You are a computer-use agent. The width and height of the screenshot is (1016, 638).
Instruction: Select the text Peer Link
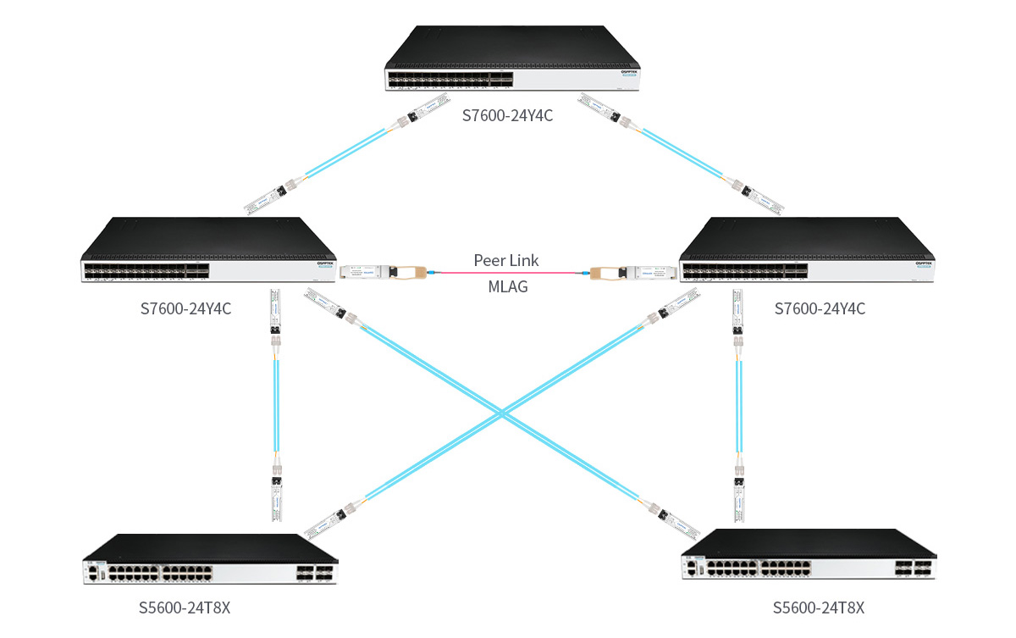tap(506, 260)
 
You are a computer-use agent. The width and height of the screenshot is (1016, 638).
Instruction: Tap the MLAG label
tap(507, 286)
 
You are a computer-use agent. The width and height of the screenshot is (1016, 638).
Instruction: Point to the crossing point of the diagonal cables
tap(503, 414)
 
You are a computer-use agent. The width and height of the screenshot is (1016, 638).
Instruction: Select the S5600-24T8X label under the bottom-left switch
tap(185, 607)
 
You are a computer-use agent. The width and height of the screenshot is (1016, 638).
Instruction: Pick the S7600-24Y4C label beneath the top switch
tap(507, 115)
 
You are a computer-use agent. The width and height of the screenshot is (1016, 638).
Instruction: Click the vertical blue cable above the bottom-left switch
tap(276, 407)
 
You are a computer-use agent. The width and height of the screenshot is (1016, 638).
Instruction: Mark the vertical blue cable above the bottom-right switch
tap(738, 407)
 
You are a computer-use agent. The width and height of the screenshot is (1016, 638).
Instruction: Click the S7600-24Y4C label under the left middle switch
tap(185, 309)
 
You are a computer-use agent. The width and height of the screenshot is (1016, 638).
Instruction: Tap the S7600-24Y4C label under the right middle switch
tap(820, 309)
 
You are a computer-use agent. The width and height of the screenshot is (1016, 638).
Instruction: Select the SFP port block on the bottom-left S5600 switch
tap(314, 573)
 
